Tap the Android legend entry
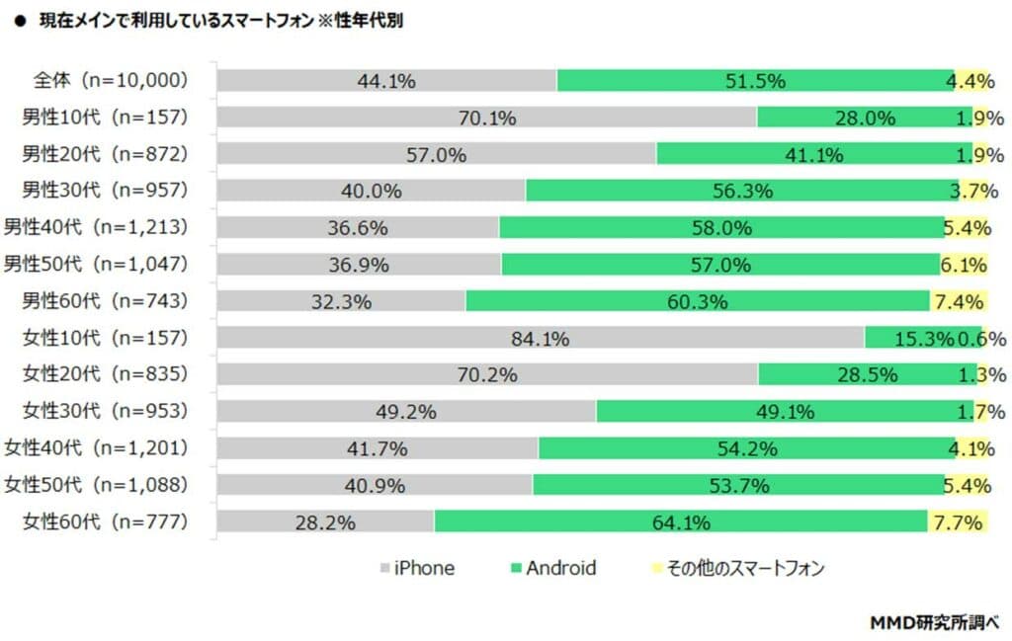(x=552, y=568)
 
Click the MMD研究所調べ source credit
(x=934, y=622)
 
